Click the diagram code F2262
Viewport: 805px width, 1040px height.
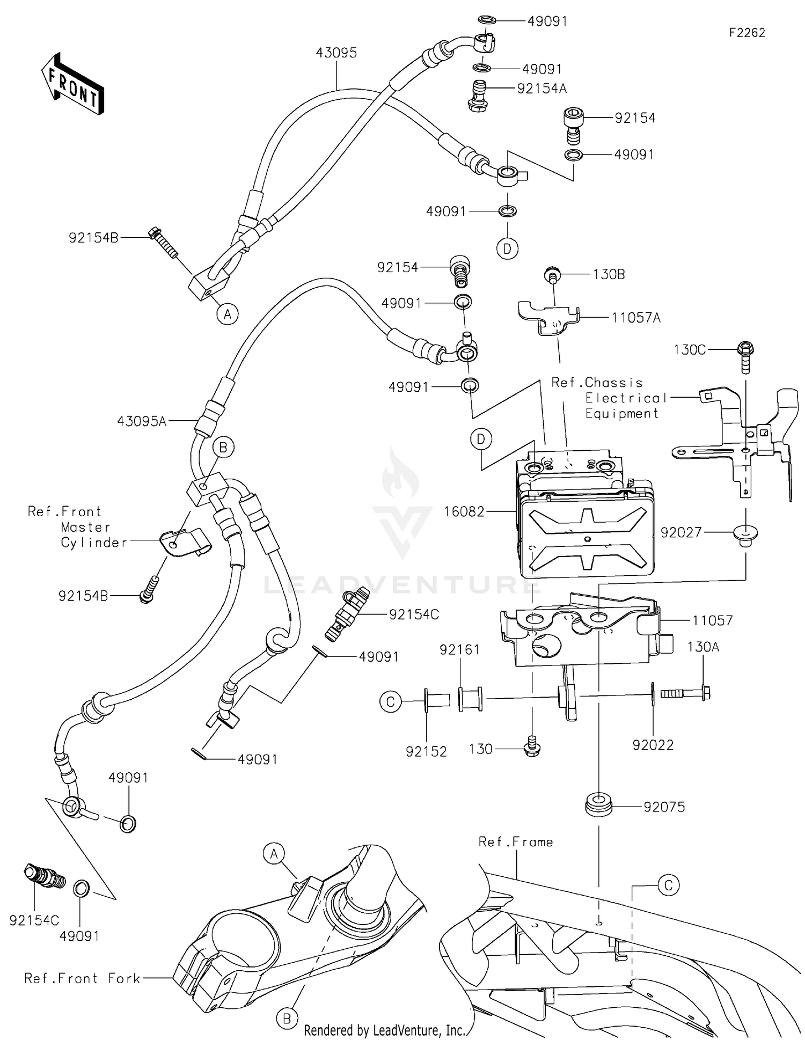pos(747,33)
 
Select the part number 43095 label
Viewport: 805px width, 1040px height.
pos(336,53)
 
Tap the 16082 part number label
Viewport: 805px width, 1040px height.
pos(464,512)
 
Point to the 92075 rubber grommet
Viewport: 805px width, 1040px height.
pos(598,807)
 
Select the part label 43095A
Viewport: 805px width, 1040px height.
pos(142,422)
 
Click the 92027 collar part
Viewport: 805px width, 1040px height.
pos(745,534)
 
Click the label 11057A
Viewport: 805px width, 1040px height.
pos(636,318)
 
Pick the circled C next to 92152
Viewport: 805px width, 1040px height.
pos(391,701)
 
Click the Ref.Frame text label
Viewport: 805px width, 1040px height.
pos(515,842)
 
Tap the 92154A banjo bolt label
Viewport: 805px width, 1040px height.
pos(541,89)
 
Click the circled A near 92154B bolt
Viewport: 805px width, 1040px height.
pos(228,314)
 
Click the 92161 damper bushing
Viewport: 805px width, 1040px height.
pos(470,699)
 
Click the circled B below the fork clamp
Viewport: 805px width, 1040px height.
pos(287,1017)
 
